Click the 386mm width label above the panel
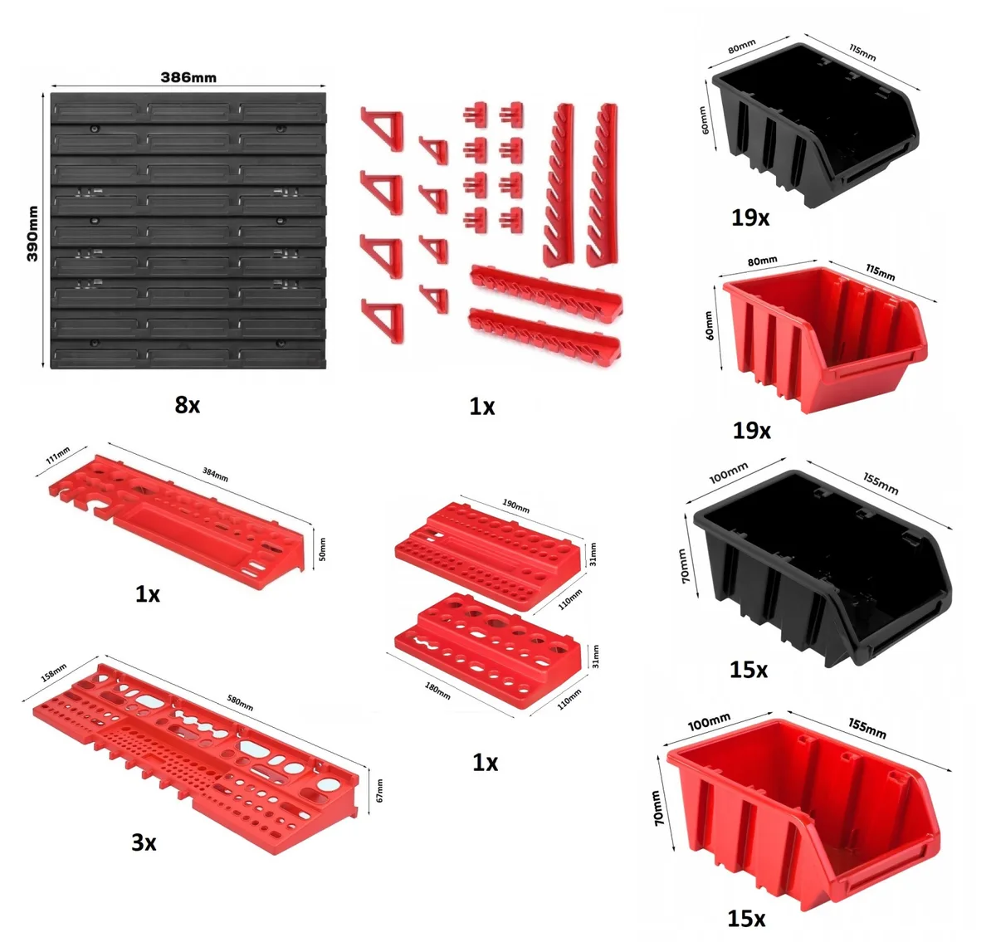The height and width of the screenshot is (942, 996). click(188, 77)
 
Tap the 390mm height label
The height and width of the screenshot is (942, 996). click(32, 233)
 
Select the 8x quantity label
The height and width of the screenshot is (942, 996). click(188, 405)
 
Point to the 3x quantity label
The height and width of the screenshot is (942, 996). click(144, 842)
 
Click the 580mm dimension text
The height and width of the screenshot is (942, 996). click(240, 703)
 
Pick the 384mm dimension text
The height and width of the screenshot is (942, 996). click(215, 474)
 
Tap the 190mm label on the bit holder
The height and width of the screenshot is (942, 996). click(515, 505)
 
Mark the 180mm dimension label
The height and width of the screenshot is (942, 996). click(437, 691)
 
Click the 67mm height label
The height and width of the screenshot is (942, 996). click(379, 790)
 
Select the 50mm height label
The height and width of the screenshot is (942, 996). click(322, 549)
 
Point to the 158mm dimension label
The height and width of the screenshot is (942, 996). click(55, 672)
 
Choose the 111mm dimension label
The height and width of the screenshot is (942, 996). click(58, 456)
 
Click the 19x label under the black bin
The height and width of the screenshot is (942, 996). click(750, 218)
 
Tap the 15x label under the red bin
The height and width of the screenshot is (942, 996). click(746, 918)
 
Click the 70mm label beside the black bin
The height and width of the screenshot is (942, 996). click(683, 565)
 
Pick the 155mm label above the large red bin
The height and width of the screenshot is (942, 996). click(867, 729)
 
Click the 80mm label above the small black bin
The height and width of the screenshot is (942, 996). click(742, 46)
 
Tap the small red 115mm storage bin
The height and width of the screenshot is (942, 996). click(825, 338)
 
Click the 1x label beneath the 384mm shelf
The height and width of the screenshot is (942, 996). click(148, 593)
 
